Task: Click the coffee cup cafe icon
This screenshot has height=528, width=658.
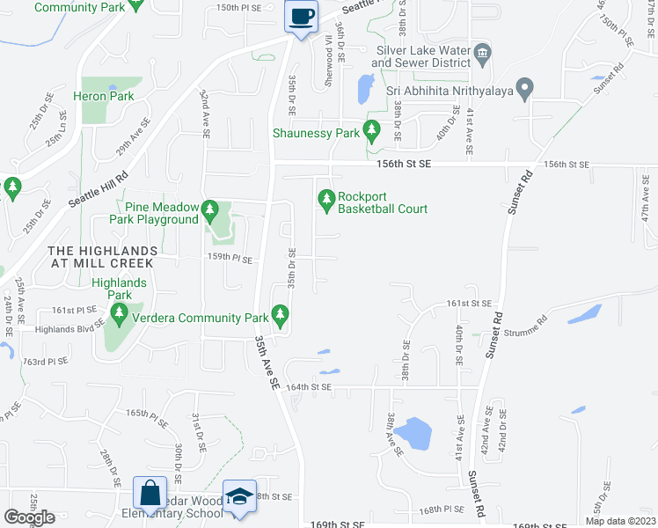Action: click(x=301, y=17)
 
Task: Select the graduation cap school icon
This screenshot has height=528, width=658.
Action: click(x=239, y=495)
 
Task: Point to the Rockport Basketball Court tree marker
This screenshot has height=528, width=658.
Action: click(x=327, y=202)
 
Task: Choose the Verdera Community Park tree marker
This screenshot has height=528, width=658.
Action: click(x=280, y=313)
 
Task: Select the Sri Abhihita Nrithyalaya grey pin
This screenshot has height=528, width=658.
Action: click(x=524, y=89)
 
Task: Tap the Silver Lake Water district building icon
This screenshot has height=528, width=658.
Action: click(x=482, y=55)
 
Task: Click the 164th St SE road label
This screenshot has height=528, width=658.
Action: click(x=308, y=386)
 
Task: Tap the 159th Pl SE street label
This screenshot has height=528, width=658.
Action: click(x=230, y=259)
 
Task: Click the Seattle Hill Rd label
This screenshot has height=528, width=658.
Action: click(x=98, y=187)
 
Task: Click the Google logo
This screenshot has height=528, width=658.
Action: click(x=29, y=517)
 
